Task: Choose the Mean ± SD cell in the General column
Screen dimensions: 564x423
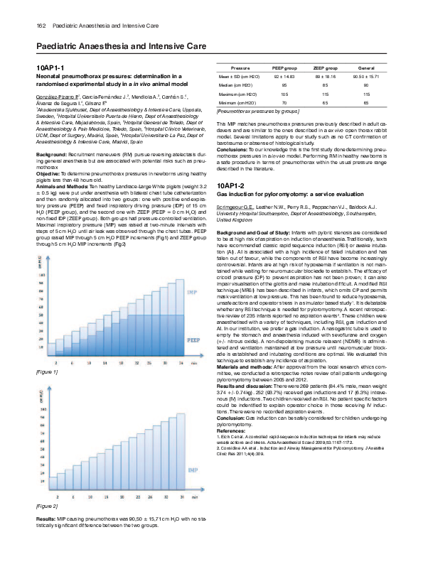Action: pos(367,75)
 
